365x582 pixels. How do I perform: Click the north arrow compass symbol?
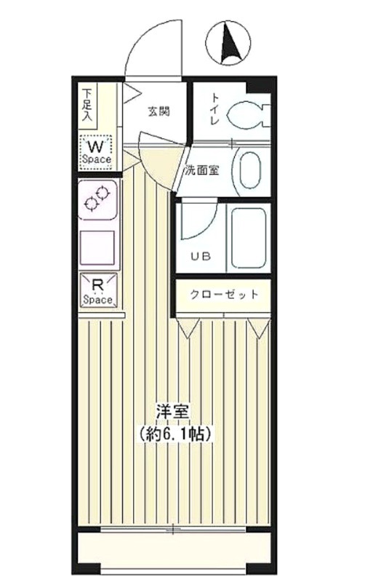[x=228, y=43]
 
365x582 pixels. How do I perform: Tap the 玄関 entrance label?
[x=159, y=111]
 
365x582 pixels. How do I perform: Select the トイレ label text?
[x=214, y=109]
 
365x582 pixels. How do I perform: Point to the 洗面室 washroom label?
[x=202, y=170]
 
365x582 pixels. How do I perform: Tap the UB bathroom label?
[x=201, y=257]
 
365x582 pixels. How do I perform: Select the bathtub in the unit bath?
[x=248, y=238]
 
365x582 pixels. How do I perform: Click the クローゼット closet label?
[x=224, y=295]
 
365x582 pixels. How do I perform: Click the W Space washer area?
[x=96, y=153]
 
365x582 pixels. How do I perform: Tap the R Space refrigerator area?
[x=98, y=291]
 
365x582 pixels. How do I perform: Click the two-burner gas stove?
[x=97, y=199]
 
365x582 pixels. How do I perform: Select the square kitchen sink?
[x=97, y=247]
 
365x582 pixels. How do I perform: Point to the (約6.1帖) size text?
[x=175, y=433]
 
